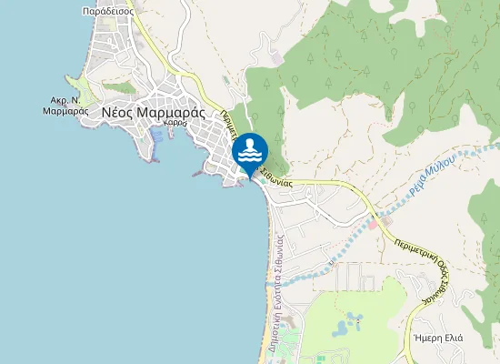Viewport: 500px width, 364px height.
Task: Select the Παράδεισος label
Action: pos(107,13)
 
